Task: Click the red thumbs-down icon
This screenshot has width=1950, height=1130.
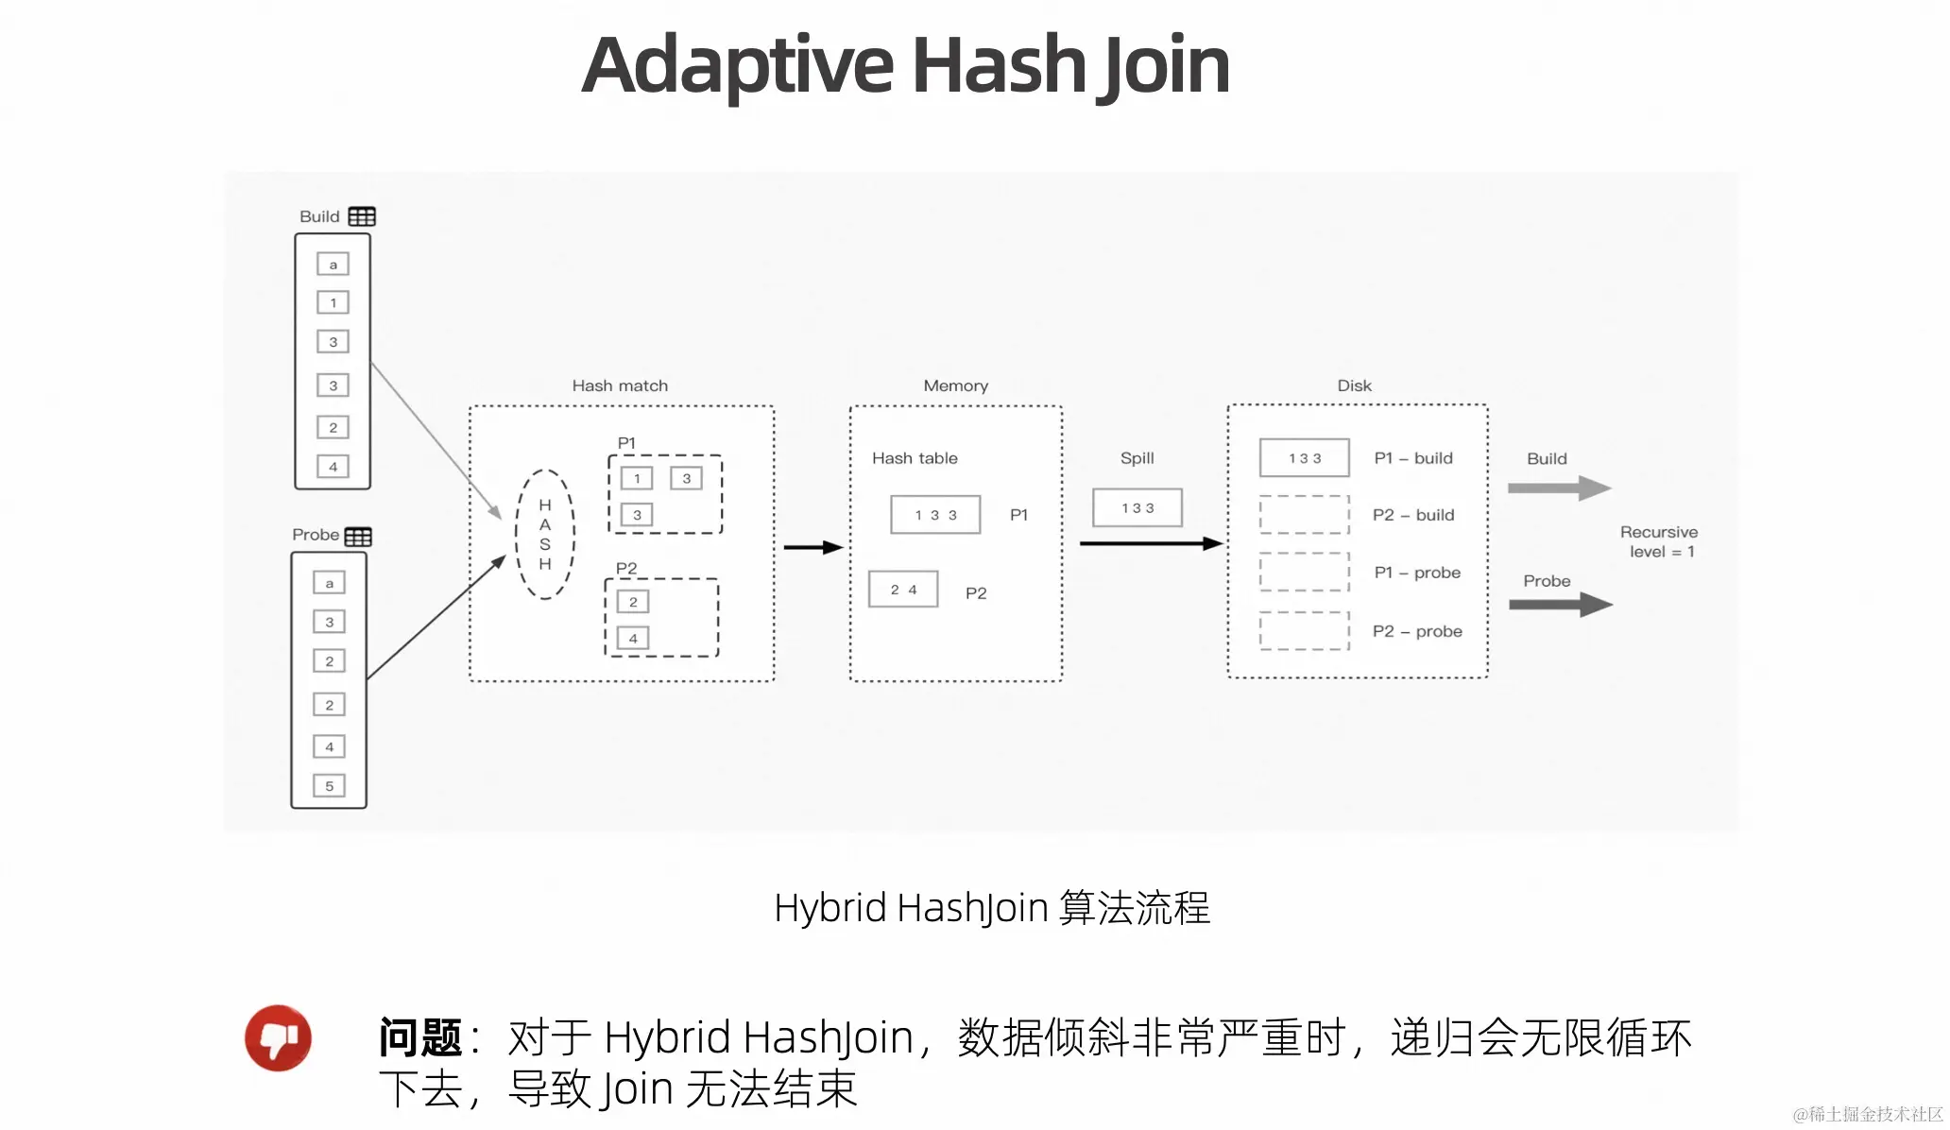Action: (x=278, y=1037)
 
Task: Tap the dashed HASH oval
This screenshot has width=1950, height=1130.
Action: (x=545, y=534)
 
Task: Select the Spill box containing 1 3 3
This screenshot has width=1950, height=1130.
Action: (x=1137, y=508)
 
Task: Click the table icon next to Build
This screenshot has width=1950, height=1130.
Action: (x=362, y=216)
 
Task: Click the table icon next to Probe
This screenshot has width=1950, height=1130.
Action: (x=358, y=537)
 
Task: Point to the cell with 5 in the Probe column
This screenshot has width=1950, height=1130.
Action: (x=329, y=786)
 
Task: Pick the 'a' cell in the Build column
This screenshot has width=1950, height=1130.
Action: (x=333, y=265)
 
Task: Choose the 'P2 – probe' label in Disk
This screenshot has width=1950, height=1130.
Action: (x=1417, y=631)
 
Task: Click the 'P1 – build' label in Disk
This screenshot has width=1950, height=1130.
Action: (x=1413, y=458)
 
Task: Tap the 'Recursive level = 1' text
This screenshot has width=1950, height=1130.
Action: (x=1660, y=542)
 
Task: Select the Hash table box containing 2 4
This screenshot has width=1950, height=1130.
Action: (x=903, y=590)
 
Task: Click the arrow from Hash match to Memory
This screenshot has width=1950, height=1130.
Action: (x=812, y=547)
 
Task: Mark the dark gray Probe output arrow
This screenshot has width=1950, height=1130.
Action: (x=1560, y=605)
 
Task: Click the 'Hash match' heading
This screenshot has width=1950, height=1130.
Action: (x=620, y=385)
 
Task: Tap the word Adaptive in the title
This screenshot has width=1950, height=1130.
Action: (x=737, y=66)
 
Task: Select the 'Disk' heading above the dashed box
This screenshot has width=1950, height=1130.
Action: (x=1354, y=385)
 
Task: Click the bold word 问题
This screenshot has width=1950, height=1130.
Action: (x=419, y=1037)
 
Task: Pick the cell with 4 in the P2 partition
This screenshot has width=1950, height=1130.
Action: (x=633, y=638)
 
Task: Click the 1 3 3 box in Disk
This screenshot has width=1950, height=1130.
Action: (x=1304, y=458)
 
